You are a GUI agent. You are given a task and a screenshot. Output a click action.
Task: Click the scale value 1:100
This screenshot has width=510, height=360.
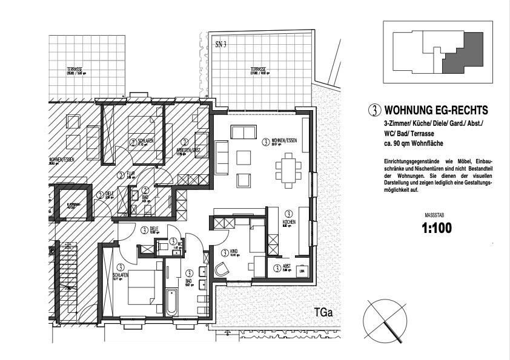(437, 229)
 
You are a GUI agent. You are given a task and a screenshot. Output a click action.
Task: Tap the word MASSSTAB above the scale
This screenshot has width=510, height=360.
(437, 215)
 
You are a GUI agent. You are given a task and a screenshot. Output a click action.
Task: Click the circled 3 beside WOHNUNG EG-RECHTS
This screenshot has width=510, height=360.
(376, 111)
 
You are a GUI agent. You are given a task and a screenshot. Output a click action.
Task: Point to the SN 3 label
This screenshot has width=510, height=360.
(220, 44)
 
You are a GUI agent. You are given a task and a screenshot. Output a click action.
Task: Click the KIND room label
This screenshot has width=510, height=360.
(225, 253)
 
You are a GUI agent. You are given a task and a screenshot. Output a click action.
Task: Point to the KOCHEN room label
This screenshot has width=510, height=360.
(290, 223)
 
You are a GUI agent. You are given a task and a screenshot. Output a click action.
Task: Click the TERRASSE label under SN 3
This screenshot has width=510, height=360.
(259, 70)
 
